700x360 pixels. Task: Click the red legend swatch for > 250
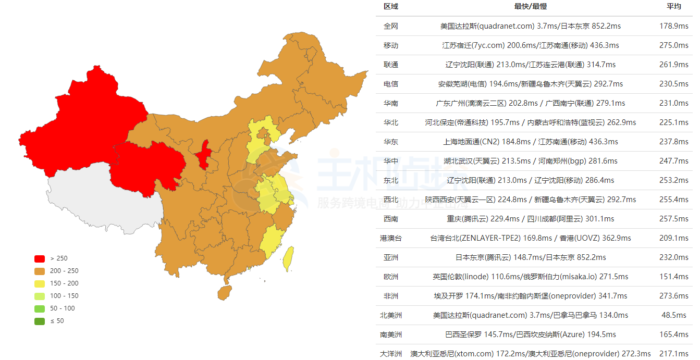coord(40,258)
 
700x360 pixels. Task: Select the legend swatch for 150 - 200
coord(40,283)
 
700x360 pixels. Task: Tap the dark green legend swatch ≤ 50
coord(40,321)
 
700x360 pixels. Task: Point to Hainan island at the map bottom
coord(225,293)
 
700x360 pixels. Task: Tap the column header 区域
coord(391,7)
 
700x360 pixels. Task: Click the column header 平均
coord(674,7)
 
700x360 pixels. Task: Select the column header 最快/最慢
coord(531,7)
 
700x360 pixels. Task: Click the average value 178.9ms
coord(674,26)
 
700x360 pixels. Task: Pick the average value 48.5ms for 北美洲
coord(674,315)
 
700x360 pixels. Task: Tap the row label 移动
coord(391,45)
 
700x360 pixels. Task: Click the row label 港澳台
coord(391,238)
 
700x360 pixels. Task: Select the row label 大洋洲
coord(391,354)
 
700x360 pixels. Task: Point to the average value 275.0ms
coord(674,45)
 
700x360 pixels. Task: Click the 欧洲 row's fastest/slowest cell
coord(531,277)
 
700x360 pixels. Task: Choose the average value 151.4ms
coord(674,277)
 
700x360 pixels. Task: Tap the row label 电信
coord(391,84)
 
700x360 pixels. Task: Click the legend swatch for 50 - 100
coord(40,308)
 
